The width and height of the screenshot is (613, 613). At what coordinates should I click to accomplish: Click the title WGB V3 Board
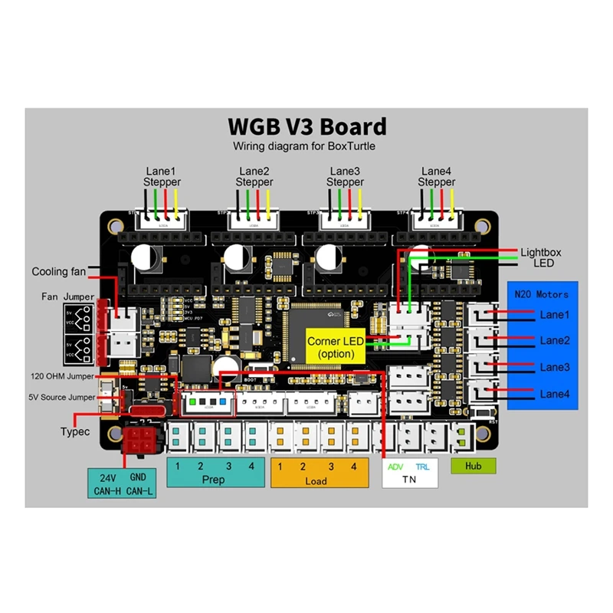click(307, 126)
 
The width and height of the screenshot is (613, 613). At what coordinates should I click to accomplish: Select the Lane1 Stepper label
click(162, 176)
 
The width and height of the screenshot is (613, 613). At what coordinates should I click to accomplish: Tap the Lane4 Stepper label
click(437, 176)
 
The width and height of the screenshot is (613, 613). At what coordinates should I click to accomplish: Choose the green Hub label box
click(473, 465)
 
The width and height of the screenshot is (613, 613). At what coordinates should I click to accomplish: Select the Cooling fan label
click(59, 271)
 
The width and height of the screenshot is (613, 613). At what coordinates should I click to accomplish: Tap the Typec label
click(75, 431)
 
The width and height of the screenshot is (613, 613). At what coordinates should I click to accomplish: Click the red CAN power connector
click(139, 442)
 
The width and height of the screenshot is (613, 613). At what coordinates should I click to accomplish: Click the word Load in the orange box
click(316, 480)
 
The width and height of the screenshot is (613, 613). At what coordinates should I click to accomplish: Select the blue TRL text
click(422, 467)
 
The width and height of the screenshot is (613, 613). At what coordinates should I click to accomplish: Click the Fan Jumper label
click(68, 297)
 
